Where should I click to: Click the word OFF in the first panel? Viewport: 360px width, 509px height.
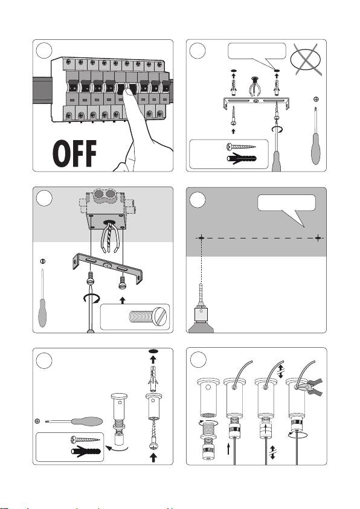pos(75,153)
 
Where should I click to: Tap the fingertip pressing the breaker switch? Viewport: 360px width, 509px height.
pos(128,92)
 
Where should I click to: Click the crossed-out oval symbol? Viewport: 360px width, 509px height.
pos(306,60)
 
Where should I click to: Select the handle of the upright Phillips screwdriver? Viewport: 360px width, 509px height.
pos(315,149)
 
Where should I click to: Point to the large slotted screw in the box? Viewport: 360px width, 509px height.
pos(148,316)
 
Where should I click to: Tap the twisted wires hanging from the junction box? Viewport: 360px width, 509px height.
pos(110,238)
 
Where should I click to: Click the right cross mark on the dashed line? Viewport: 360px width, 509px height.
pos(318,238)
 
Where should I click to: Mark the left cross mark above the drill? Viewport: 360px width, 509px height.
pos(201,238)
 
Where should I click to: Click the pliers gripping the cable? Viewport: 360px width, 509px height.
pos(310,386)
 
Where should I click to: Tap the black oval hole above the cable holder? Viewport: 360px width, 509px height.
pos(153,351)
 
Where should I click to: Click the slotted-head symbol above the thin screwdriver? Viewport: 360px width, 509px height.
pos(42,261)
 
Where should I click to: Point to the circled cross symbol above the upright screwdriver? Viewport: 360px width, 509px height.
pos(316,99)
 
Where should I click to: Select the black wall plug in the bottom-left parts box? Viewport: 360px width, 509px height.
pos(86,451)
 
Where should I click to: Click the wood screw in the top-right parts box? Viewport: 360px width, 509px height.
pos(241,147)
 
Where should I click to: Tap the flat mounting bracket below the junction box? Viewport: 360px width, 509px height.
pos(108,267)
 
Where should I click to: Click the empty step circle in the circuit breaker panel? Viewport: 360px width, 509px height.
pos(44,50)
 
